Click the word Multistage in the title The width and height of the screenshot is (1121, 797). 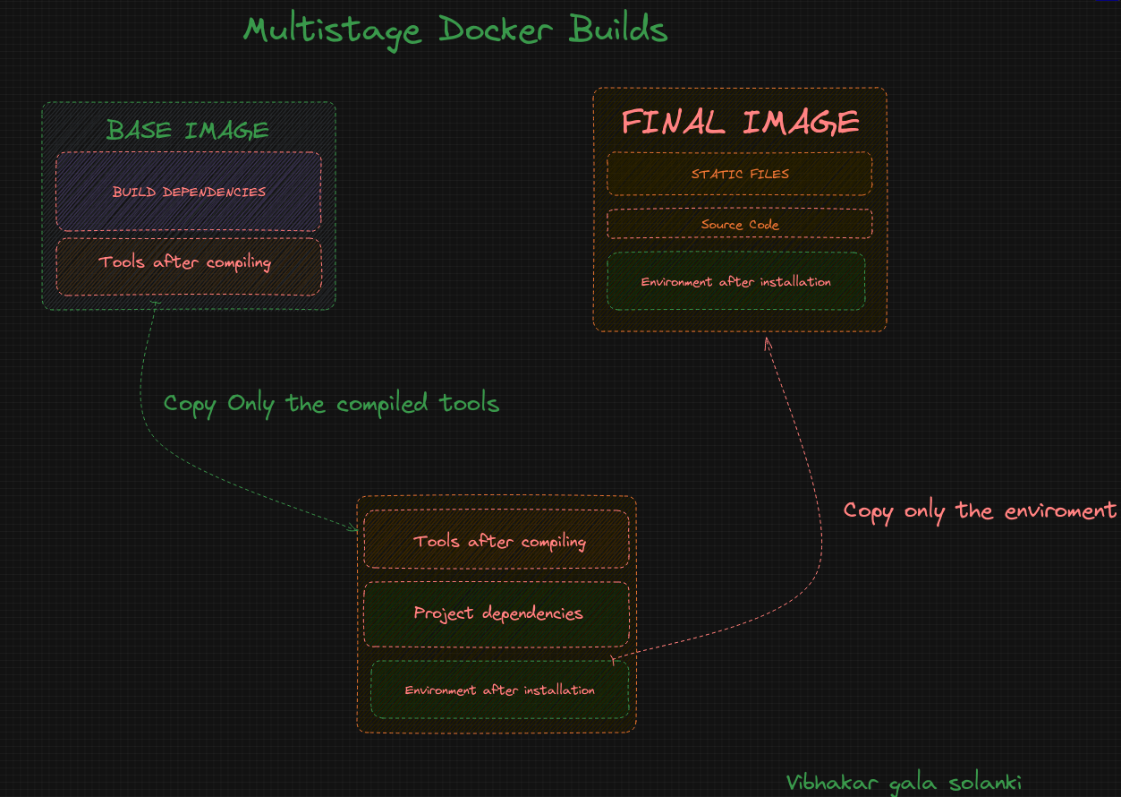(331, 30)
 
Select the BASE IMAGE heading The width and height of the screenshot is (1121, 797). (188, 131)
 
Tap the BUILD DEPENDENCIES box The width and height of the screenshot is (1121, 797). (189, 192)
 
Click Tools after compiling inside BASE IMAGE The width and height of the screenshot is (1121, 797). (185, 263)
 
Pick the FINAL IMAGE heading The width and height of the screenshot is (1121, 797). (741, 123)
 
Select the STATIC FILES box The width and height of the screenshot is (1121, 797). (740, 174)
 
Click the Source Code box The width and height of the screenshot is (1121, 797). (740, 225)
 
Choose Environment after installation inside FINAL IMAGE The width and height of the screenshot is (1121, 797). (735, 282)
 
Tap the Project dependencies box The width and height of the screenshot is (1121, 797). (497, 614)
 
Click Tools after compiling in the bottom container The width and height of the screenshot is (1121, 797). (499, 542)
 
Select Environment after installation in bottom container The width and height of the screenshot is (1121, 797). (499, 690)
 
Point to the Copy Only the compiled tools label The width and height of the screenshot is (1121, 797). (331, 404)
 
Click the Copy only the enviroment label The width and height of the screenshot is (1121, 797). (980, 511)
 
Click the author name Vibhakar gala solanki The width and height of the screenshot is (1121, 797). (904, 783)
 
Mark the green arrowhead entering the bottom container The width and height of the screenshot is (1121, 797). (354, 528)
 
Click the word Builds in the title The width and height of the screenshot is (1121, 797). (618, 30)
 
